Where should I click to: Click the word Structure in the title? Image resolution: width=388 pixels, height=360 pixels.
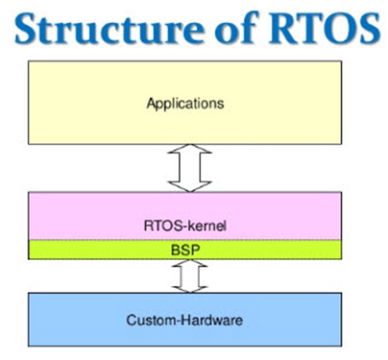pyautogui.click(x=109, y=29)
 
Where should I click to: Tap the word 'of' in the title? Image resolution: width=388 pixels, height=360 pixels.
pyautogui.click(x=236, y=28)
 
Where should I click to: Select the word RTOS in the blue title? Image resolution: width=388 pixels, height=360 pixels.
pyautogui.click(x=325, y=29)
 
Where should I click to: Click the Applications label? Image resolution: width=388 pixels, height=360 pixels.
pyautogui.click(x=185, y=104)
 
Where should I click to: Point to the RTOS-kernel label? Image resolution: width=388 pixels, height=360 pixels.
pyautogui.click(x=185, y=226)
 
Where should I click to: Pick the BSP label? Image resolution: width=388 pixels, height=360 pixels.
pyautogui.click(x=185, y=250)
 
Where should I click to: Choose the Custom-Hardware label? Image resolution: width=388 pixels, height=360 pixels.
pyautogui.click(x=184, y=320)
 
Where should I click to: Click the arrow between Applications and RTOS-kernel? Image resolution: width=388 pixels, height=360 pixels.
pyautogui.click(x=190, y=168)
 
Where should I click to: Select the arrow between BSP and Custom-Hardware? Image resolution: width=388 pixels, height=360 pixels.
pyautogui.click(x=190, y=276)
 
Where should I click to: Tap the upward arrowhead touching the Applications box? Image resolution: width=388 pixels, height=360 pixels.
pyautogui.click(x=190, y=149)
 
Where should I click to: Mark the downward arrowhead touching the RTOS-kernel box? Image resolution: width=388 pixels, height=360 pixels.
pyautogui.click(x=190, y=187)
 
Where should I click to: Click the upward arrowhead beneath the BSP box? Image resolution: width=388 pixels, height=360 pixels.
pyautogui.click(x=190, y=263)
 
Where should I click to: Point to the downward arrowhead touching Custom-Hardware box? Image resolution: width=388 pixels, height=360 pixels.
pyautogui.click(x=190, y=289)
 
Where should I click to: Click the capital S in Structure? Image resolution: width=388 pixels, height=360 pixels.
pyautogui.click(x=26, y=29)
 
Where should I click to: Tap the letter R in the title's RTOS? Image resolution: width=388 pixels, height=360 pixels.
pyautogui.click(x=283, y=29)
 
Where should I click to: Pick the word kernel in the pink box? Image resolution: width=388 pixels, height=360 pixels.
pyautogui.click(x=206, y=226)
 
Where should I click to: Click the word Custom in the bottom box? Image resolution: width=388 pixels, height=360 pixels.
pyautogui.click(x=150, y=320)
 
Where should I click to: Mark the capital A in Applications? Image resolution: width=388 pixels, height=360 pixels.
pyautogui.click(x=152, y=103)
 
